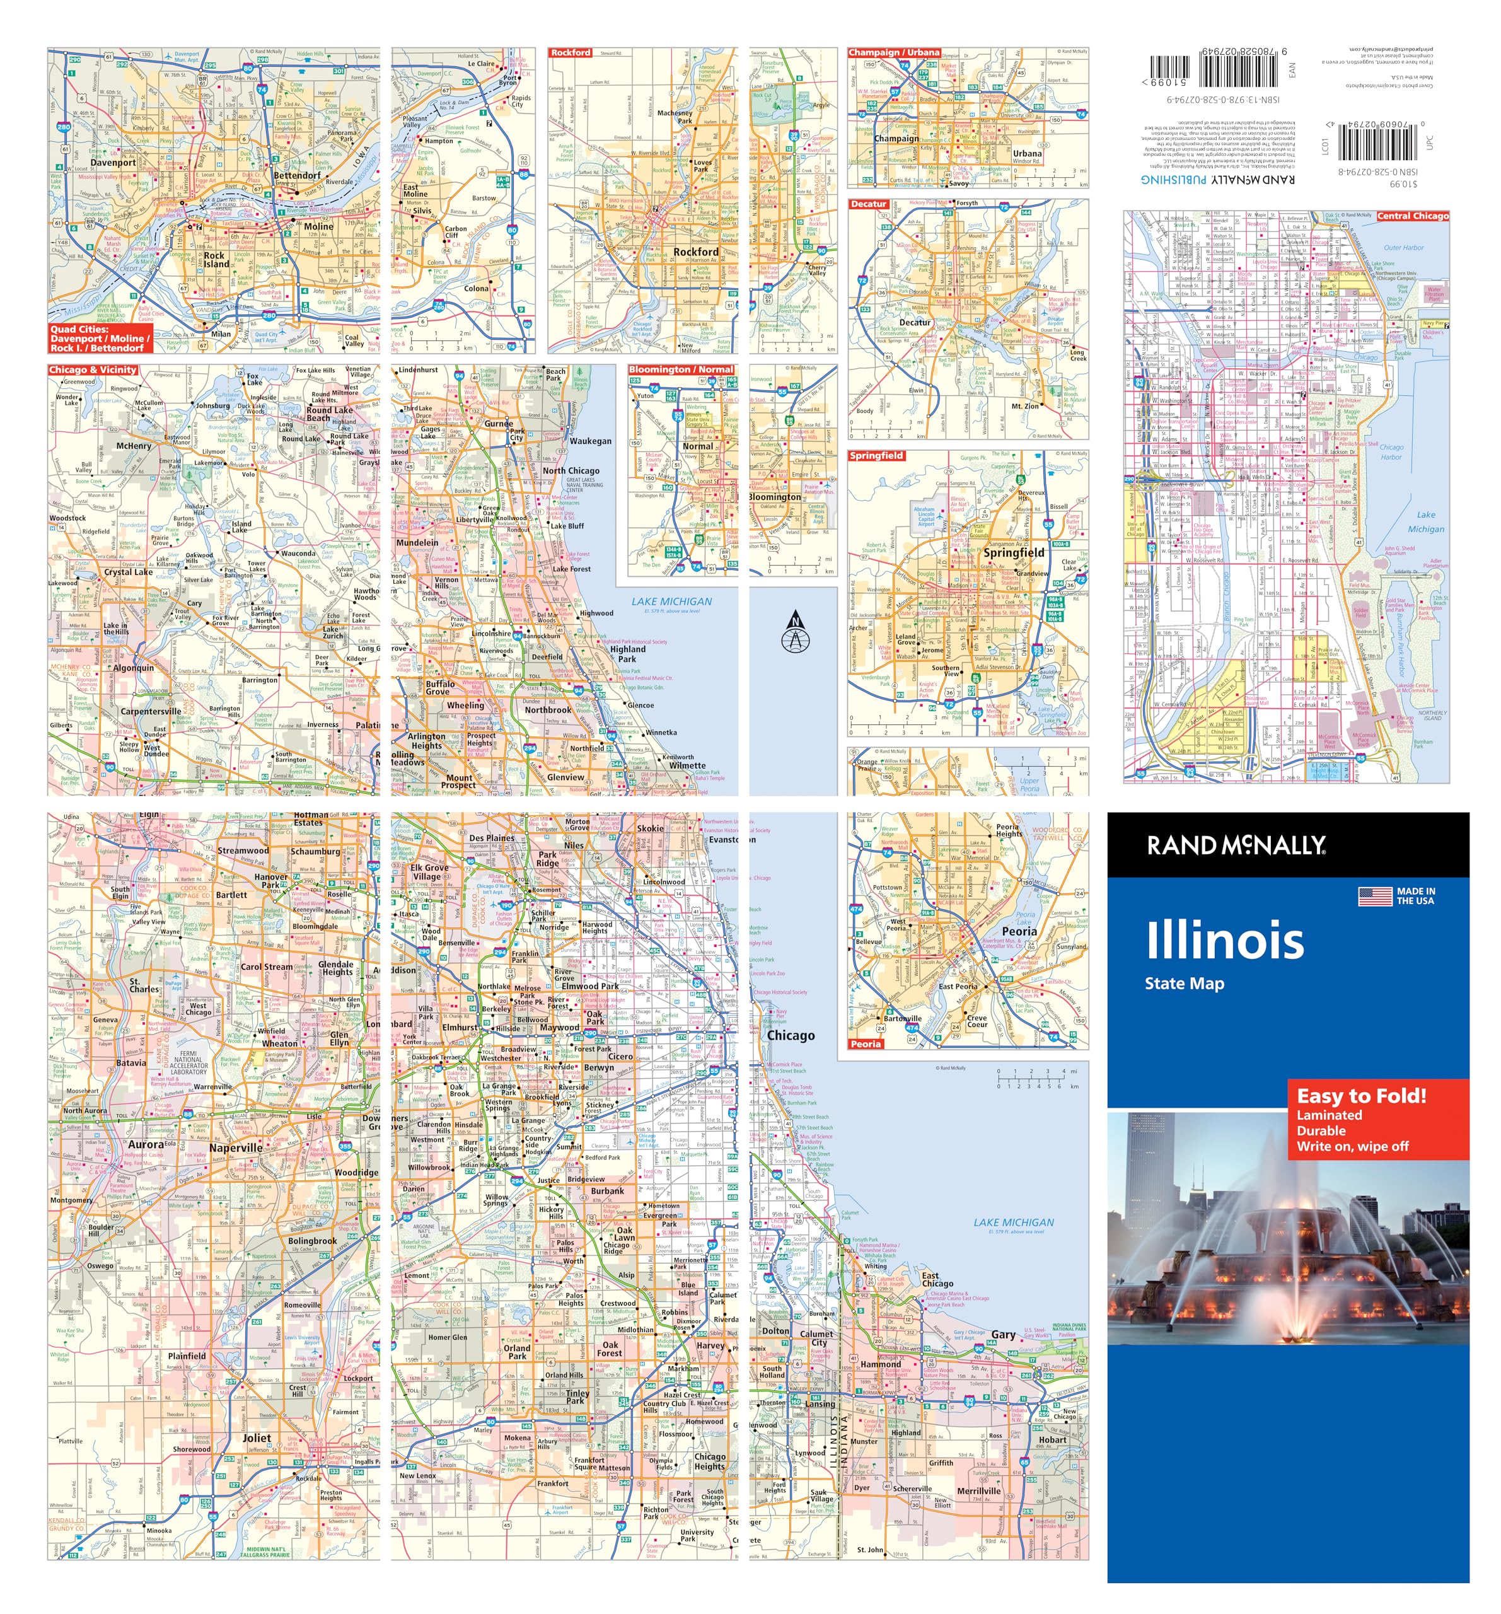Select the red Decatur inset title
pos(868,204)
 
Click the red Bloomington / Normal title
pos(680,369)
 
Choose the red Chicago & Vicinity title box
pos(93,370)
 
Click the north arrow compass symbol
pos(795,633)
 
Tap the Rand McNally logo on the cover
pos(1236,846)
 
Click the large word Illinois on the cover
pos(1224,940)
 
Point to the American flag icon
pos(1375,897)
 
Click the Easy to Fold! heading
pos(1360,1096)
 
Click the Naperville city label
pos(235,1148)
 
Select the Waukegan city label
pos(590,441)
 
